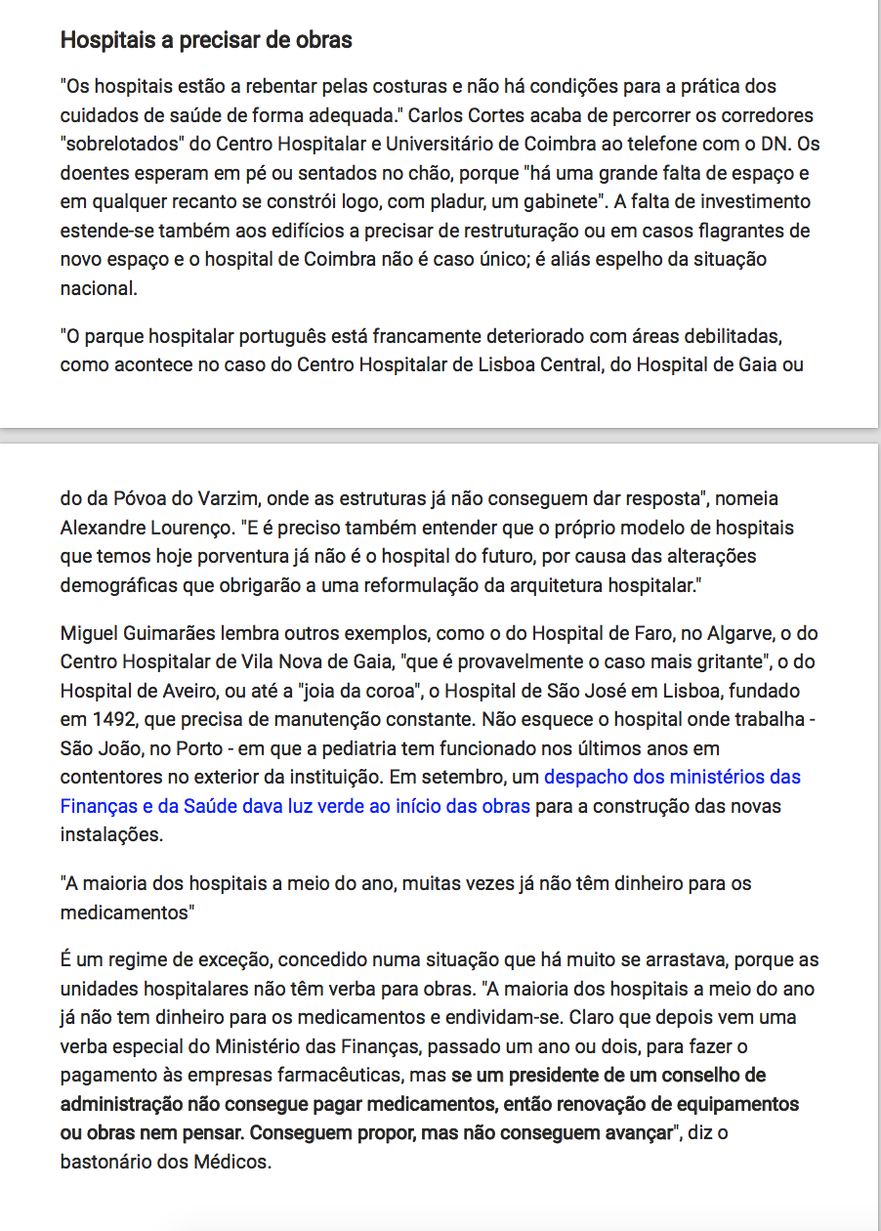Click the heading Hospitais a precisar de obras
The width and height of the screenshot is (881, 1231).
click(x=206, y=41)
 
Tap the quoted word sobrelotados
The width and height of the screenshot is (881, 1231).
click(x=121, y=145)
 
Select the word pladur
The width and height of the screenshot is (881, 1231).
click(x=454, y=203)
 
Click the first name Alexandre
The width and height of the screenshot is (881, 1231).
click(x=105, y=529)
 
